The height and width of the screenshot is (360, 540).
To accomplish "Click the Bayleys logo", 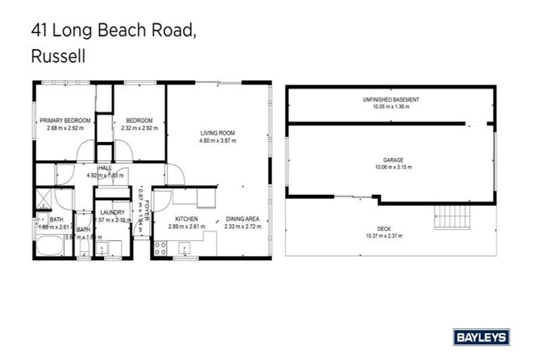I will [482, 337].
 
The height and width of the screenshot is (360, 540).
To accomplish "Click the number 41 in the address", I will [40, 30].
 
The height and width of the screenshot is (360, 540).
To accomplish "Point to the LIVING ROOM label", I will [217, 133].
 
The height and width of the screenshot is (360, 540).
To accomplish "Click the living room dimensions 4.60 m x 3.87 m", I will [217, 141].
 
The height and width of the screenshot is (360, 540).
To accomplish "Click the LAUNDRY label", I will [112, 212].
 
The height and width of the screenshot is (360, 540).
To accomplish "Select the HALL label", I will [105, 168].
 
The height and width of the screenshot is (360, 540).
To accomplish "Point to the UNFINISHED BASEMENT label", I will [391, 100].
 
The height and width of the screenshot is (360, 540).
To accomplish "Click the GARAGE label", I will [393, 160].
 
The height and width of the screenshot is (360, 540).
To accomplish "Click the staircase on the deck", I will [446, 214].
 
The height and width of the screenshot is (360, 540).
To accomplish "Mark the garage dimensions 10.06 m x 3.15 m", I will [393, 167].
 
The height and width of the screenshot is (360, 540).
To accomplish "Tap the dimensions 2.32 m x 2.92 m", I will [139, 128].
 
